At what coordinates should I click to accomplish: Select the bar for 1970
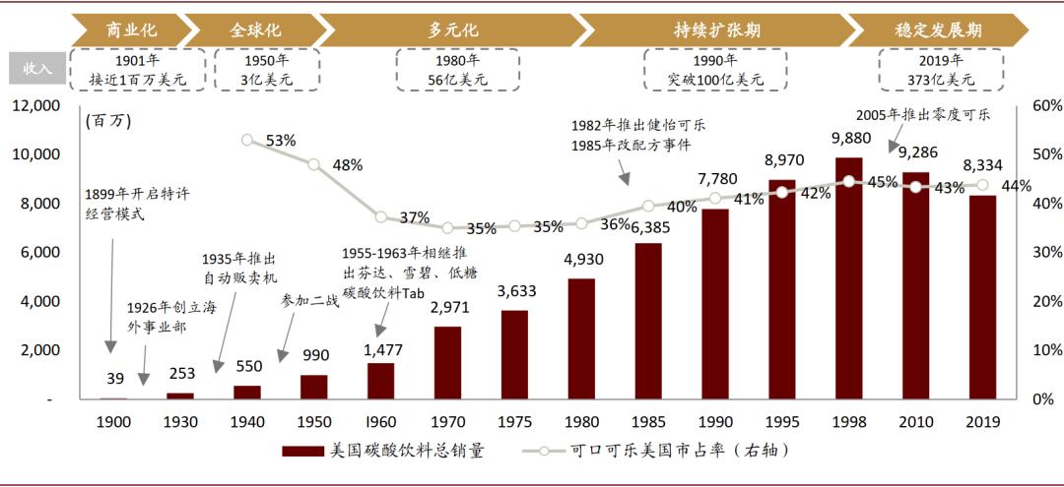pyautogui.click(x=447, y=362)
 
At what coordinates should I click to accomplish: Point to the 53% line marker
pyautogui.click(x=247, y=141)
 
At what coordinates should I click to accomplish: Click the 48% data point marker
pyautogui.click(x=314, y=164)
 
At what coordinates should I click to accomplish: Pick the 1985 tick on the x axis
pyautogui.click(x=648, y=422)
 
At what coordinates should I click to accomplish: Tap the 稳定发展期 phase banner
pyautogui.click(x=936, y=30)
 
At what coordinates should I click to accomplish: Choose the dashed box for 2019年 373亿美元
pyautogui.click(x=940, y=69)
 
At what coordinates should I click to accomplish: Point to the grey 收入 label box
pyautogui.click(x=37, y=69)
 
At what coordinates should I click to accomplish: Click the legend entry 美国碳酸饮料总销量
pyautogui.click(x=384, y=452)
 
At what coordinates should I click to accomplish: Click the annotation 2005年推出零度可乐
pyautogui.click(x=922, y=114)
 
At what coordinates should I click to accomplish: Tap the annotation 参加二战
pyautogui.click(x=309, y=299)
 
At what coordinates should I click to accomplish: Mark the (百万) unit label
pyautogui.click(x=108, y=121)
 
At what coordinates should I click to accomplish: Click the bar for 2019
pyautogui.click(x=982, y=297)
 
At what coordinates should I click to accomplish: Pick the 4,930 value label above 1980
pyautogui.click(x=581, y=260)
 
